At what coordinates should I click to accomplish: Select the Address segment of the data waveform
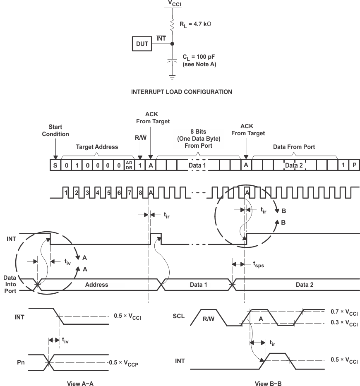pos(96,285)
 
